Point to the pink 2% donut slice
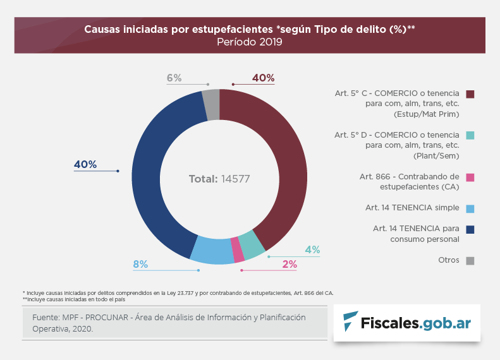click(238, 249)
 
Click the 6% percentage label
click(174, 78)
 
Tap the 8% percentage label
click(140, 264)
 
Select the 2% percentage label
click(290, 264)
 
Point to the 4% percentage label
click(312, 249)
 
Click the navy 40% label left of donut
click(85, 165)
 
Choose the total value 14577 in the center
click(236, 179)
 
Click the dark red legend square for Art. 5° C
click(470, 94)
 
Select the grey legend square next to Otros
click(470, 260)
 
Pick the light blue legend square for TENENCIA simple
click(470, 208)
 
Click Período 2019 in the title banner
click(250, 42)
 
